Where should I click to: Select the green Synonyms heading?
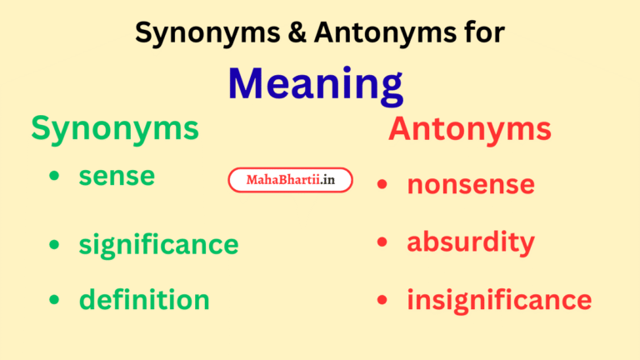(x=115, y=128)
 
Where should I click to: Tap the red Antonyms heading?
(x=469, y=129)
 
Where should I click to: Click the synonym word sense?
(x=117, y=177)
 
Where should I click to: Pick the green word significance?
(x=158, y=244)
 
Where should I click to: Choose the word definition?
(x=144, y=298)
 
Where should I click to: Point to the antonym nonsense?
(x=470, y=183)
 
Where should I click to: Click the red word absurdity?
(x=470, y=242)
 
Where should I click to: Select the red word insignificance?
(x=498, y=299)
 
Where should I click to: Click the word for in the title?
(x=482, y=32)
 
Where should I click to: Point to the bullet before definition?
(x=54, y=299)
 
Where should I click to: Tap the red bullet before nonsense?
(x=382, y=184)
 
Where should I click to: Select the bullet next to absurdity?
(x=382, y=243)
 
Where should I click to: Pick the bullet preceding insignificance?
(x=382, y=300)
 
